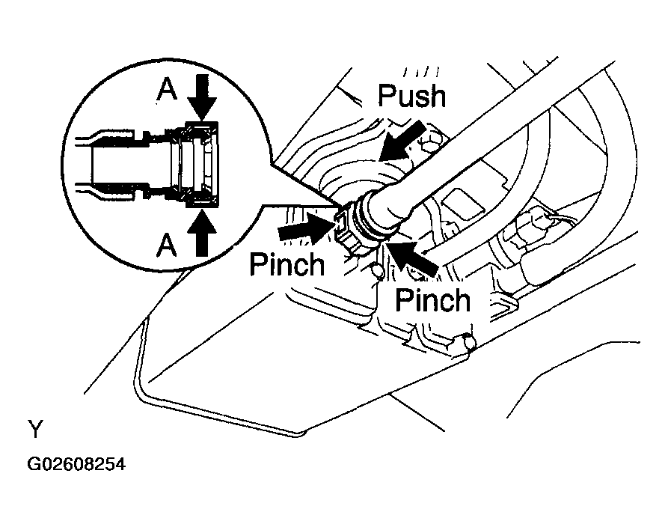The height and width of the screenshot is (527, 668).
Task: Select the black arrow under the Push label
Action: point(402,141)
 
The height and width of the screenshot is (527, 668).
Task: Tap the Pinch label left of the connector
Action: point(287,264)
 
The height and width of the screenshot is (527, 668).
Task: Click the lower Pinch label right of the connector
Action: point(433,300)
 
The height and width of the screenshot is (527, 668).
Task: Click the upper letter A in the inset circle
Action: point(167,90)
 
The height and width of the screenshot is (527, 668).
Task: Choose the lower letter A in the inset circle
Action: point(166,246)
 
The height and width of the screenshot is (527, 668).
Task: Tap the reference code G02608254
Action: point(77,464)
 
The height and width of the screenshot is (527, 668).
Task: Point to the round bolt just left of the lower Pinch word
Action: point(377,272)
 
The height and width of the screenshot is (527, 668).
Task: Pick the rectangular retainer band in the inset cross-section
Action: point(203,165)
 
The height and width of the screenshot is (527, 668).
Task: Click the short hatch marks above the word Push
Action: point(422,72)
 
